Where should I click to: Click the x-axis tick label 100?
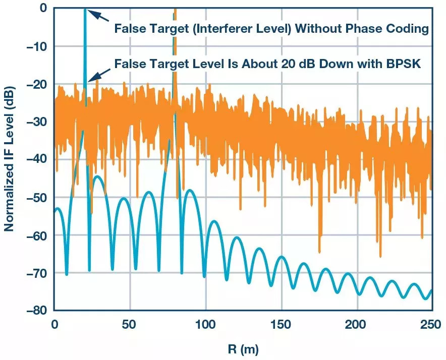click(x=205, y=323)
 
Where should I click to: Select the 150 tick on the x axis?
click(x=281, y=323)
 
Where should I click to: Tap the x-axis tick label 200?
click(x=357, y=323)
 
